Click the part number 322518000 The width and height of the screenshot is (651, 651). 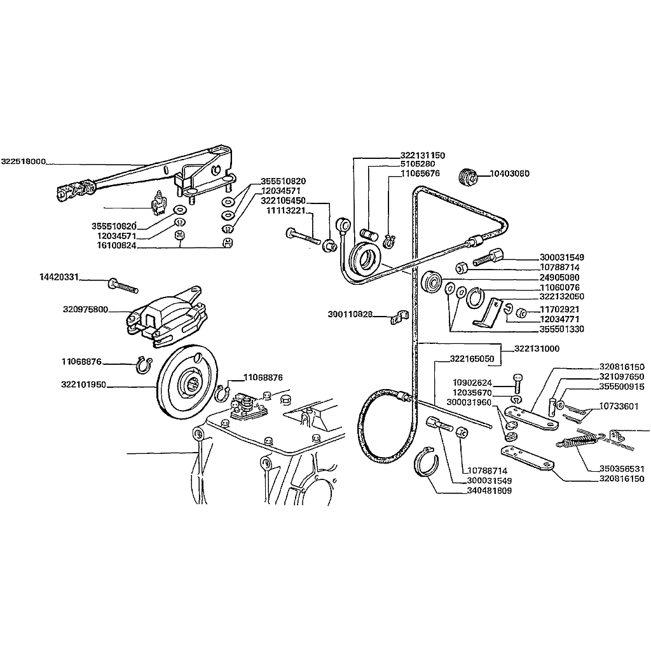coord(24,161)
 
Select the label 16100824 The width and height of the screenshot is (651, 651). coord(117,245)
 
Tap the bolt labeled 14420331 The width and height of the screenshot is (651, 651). coord(123,286)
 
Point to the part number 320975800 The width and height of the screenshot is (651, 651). coord(86,310)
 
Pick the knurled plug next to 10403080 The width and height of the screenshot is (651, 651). coord(469,177)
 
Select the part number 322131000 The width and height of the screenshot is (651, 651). coord(537,349)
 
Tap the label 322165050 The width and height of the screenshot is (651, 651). coord(472,359)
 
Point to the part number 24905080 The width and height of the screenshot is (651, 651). coord(559,277)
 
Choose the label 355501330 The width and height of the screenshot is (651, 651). coord(562,329)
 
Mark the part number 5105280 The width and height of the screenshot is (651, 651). coord(418,164)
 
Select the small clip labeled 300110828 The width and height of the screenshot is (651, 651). coord(399,318)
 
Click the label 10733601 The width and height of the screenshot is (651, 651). coord(619,406)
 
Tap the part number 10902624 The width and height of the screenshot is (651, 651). coord(472,383)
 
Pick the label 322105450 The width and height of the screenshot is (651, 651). coord(283,201)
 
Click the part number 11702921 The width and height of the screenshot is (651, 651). coord(559,310)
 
